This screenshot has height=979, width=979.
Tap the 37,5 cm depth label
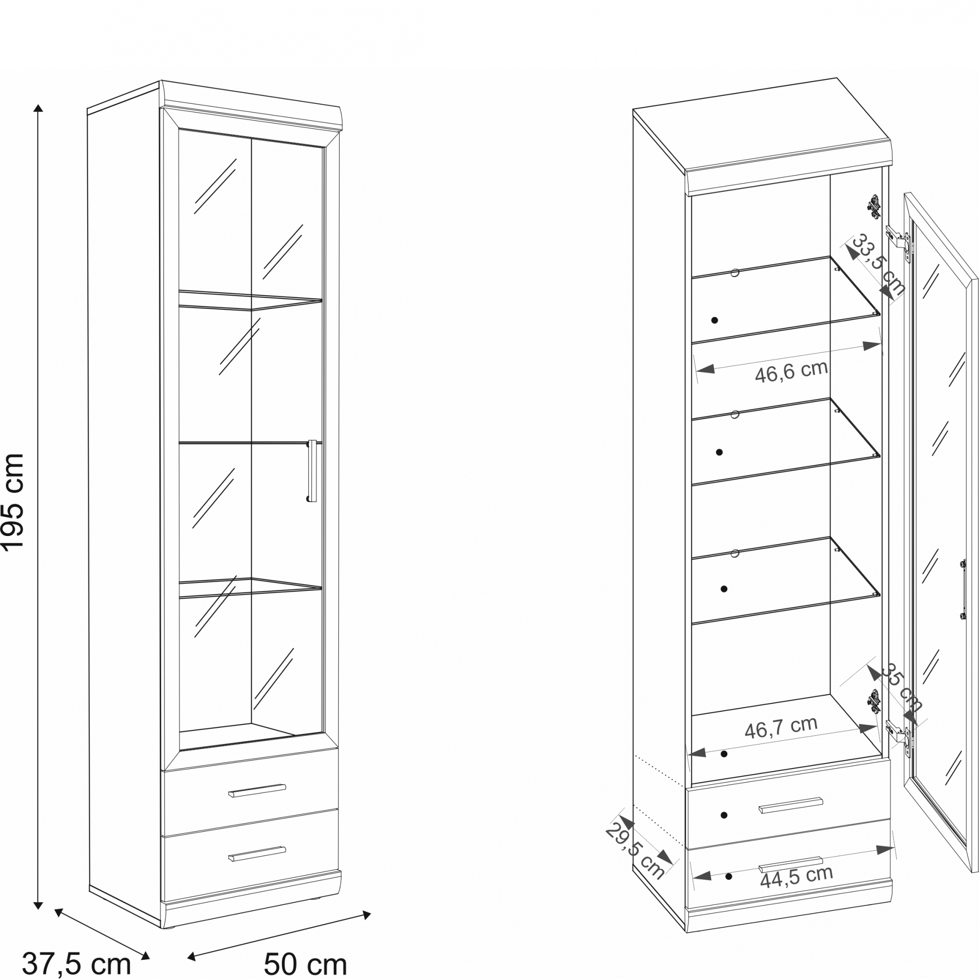pyautogui.click(x=76, y=963)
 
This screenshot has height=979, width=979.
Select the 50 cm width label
pyautogui.click(x=305, y=964)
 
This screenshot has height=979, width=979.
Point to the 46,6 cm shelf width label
pyautogui.click(x=791, y=372)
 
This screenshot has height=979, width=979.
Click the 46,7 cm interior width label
pyautogui.click(x=781, y=727)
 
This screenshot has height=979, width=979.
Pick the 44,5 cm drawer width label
pyautogui.click(x=796, y=877)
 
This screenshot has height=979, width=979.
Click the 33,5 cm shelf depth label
pyautogui.click(x=878, y=264)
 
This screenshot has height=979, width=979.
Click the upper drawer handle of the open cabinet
pyautogui.click(x=791, y=806)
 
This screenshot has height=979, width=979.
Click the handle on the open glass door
pyautogui.click(x=962, y=589)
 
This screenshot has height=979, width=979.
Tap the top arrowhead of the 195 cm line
pyautogui.click(x=38, y=108)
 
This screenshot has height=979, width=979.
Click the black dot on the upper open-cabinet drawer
pyautogui.click(x=723, y=816)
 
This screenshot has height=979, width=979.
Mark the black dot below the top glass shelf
pyautogui.click(x=715, y=320)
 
